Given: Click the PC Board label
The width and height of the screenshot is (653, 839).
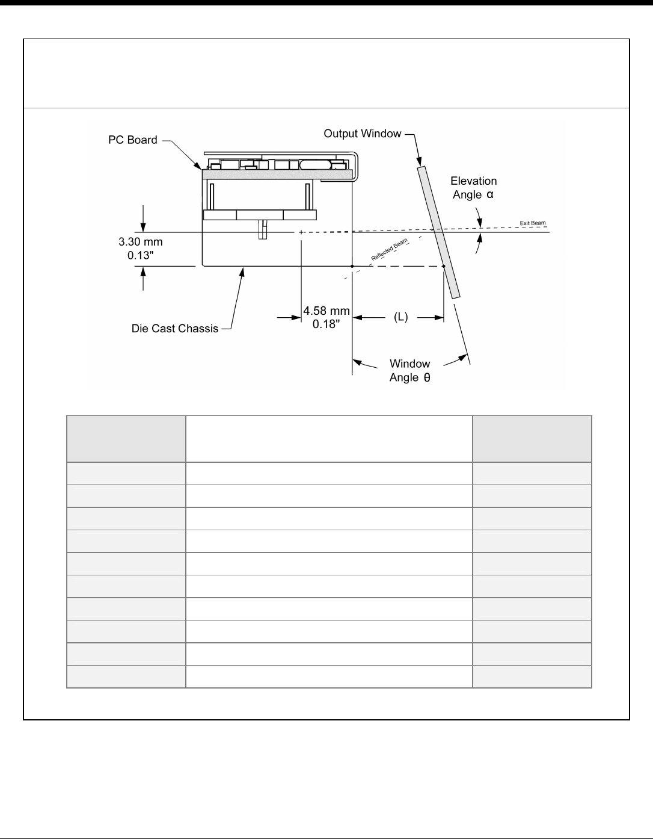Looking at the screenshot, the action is click(133, 140).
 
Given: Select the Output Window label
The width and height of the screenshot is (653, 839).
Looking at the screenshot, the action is click(362, 134).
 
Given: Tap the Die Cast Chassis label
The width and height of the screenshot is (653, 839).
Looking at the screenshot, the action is click(175, 329).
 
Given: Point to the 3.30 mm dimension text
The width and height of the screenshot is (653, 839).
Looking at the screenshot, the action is click(140, 242).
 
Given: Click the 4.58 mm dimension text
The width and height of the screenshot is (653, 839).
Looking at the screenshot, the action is click(326, 311).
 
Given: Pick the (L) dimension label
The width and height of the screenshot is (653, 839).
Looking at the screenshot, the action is click(400, 317).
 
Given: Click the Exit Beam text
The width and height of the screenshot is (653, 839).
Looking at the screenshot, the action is click(533, 223).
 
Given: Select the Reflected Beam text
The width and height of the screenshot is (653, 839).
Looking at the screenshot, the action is click(389, 250).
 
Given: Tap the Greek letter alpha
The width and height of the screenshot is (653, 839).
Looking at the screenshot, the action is click(490, 194).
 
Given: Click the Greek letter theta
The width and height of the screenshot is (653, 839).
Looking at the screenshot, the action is click(427, 377).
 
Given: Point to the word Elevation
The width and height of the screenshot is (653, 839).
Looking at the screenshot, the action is click(474, 181).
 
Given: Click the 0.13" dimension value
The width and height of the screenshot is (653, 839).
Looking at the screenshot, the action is click(140, 255).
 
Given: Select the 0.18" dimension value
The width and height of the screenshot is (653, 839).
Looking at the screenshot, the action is click(326, 324).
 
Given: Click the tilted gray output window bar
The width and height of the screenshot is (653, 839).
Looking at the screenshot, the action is click(438, 232).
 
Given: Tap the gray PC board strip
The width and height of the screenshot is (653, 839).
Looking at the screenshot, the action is click(278, 174).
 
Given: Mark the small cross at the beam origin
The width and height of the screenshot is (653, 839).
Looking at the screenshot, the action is click(301, 232).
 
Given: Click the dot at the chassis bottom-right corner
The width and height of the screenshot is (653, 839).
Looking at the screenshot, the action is click(352, 267).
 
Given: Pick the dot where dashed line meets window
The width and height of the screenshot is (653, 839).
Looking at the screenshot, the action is click(444, 267).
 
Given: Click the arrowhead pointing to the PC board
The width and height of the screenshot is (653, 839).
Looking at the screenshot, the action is click(198, 166).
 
